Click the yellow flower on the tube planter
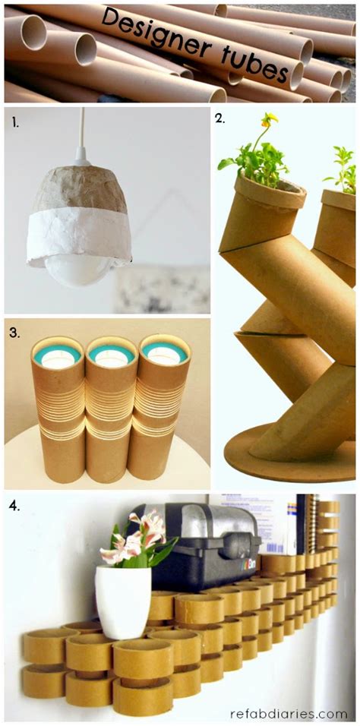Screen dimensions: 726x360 [269, 120]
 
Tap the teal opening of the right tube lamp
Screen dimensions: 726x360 [164, 353]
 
